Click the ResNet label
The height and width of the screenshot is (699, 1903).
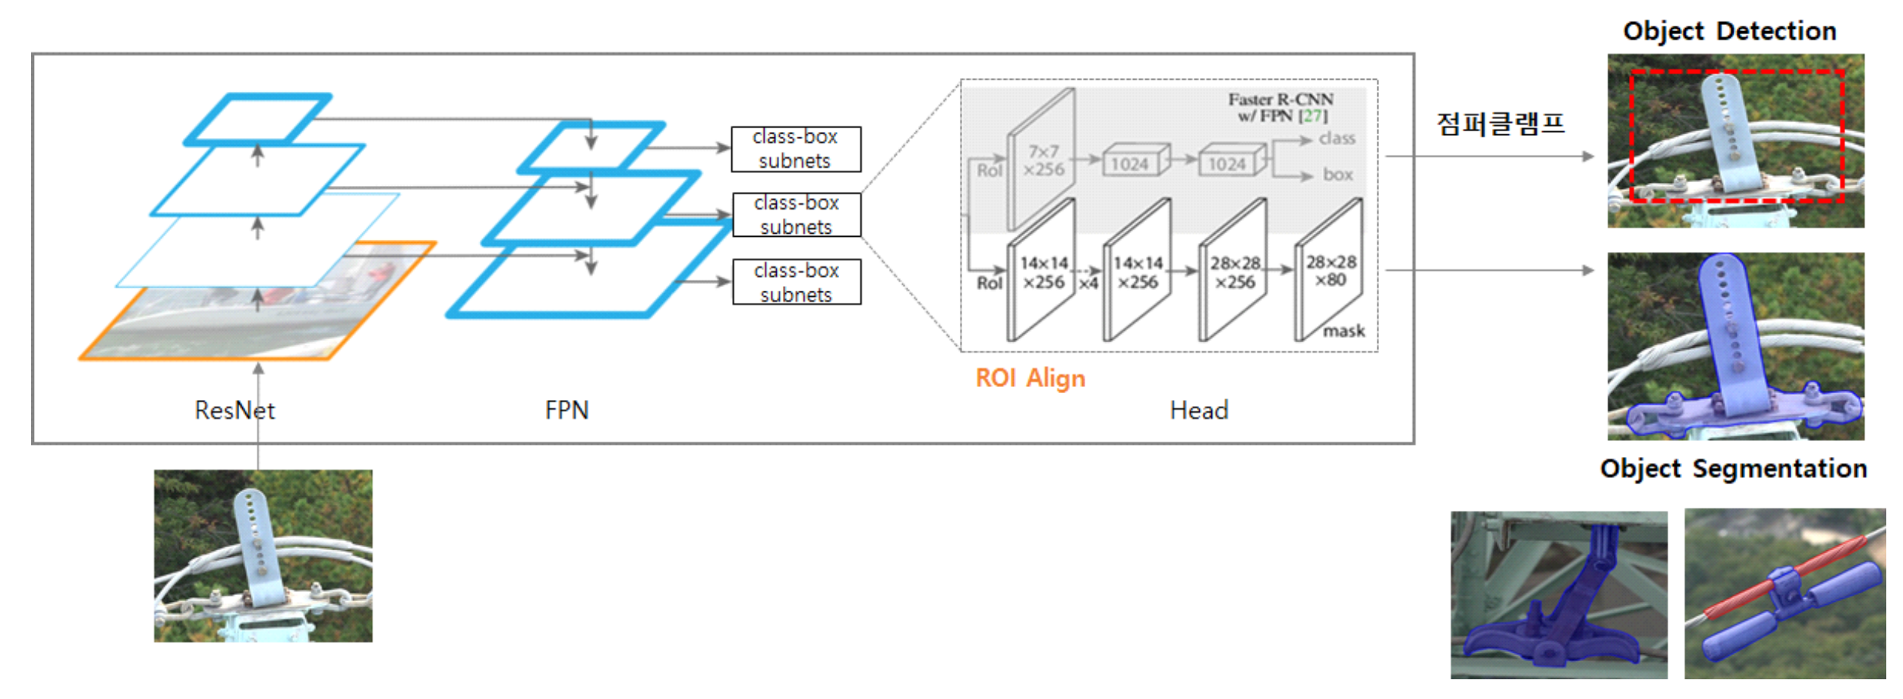pyautogui.click(x=234, y=411)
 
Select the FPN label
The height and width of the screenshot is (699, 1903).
pyautogui.click(x=566, y=411)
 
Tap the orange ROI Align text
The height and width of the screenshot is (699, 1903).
pyautogui.click(x=1030, y=378)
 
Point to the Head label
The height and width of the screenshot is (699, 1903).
pyautogui.click(x=1198, y=411)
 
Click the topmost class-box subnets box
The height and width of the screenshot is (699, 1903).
pyautogui.click(x=795, y=149)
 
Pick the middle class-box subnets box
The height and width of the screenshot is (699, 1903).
pyautogui.click(x=796, y=215)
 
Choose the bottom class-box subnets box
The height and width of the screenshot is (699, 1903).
pyautogui.click(x=796, y=282)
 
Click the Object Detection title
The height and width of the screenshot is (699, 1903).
pyautogui.click(x=1729, y=31)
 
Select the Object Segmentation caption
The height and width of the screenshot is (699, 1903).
pyautogui.click(x=1733, y=468)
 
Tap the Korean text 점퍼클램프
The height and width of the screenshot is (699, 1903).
pyautogui.click(x=1500, y=124)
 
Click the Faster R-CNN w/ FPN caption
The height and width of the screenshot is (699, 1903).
pyautogui.click(x=1280, y=107)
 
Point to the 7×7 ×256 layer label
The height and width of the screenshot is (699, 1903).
pyautogui.click(x=1043, y=161)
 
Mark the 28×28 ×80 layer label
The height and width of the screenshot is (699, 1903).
pyautogui.click(x=1330, y=271)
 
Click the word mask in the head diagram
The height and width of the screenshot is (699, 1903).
pyautogui.click(x=1343, y=331)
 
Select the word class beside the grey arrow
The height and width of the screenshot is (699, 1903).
pyautogui.click(x=1337, y=138)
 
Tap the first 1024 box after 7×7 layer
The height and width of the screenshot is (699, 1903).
pyautogui.click(x=1130, y=164)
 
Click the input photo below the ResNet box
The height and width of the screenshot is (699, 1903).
pyautogui.click(x=263, y=556)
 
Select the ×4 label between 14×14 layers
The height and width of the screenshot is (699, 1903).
pyautogui.click(x=1088, y=283)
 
